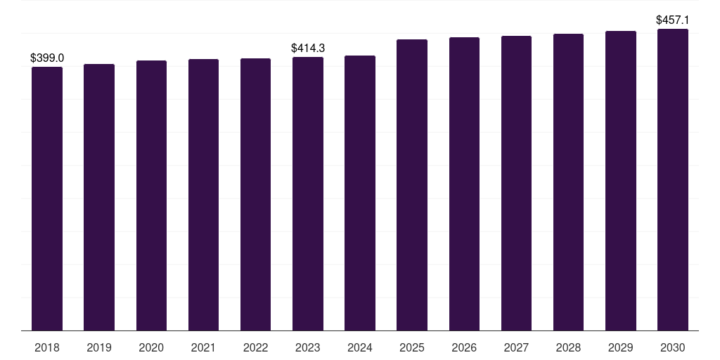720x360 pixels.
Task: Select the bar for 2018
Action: pos(47,199)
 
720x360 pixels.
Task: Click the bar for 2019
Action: pos(99,198)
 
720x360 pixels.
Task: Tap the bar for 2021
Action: pos(203,195)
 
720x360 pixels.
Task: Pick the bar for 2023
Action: pos(308,194)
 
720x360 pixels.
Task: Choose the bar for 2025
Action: pos(412,185)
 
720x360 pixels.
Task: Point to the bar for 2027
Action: pos(517,184)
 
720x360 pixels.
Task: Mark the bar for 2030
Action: pos(673,180)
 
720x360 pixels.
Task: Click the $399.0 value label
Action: pos(47,58)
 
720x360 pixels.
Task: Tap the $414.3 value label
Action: pos(308,48)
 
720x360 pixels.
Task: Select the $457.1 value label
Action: pos(673,20)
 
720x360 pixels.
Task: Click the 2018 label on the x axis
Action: pos(47,347)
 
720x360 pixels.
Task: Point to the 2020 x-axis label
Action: pos(151,347)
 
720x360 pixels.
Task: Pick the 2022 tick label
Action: pos(255,347)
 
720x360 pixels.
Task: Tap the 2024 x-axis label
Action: pos(360,347)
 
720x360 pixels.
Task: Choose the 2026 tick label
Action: pos(464,347)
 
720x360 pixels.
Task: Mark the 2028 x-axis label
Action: pos(568,347)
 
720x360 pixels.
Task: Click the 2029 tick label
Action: pos(621,347)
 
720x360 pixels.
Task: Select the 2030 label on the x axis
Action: pos(673,347)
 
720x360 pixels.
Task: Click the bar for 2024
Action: pos(360,193)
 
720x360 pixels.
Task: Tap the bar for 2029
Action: pos(621,181)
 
